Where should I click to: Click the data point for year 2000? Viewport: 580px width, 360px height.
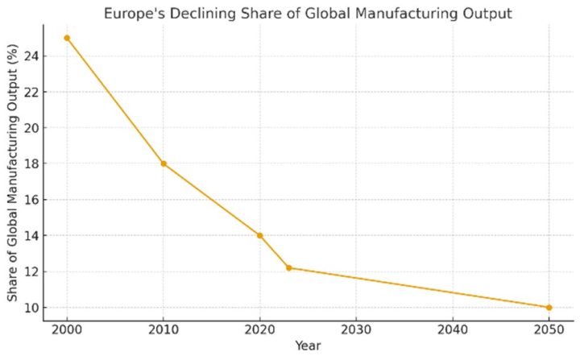tap(67, 38)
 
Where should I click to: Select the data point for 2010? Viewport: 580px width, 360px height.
tap(164, 163)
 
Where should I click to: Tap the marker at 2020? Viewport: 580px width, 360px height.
tap(260, 235)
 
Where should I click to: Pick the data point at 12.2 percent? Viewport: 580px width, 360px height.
tap(289, 267)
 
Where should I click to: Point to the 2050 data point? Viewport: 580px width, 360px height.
tap(549, 307)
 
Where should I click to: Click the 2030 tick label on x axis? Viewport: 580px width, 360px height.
tap(356, 331)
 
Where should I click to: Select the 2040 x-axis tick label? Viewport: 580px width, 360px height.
tap(453, 331)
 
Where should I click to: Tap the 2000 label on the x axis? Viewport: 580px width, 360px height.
tap(67, 331)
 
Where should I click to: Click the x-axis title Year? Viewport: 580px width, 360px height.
tap(308, 347)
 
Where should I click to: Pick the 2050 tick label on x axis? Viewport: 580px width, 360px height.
tap(549, 331)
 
